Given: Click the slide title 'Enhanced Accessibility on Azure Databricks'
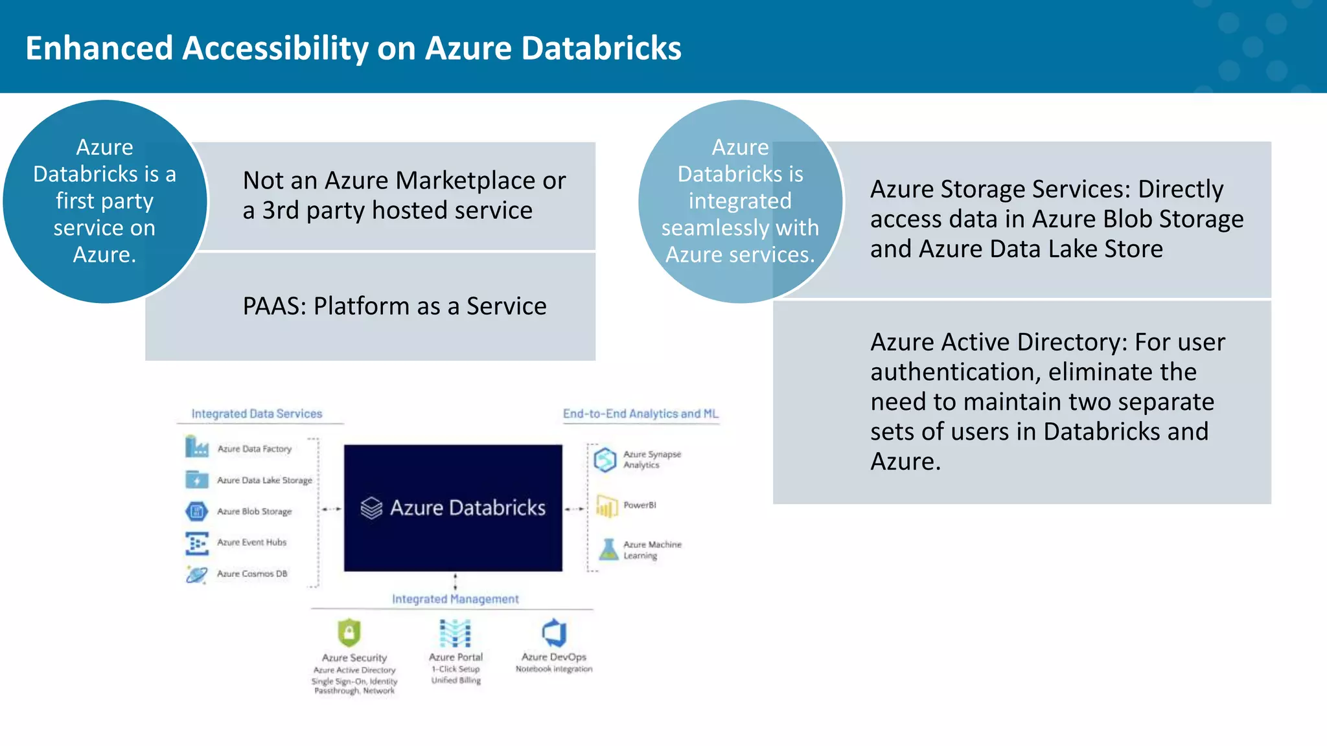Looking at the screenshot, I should click(x=353, y=48).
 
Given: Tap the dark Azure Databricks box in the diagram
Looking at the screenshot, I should click(x=453, y=508).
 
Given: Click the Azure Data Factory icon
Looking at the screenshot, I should click(x=196, y=447).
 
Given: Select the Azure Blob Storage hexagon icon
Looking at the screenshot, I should click(x=196, y=512).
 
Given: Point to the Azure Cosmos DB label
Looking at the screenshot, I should click(x=252, y=574).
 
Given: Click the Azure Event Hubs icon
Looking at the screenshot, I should click(x=196, y=543).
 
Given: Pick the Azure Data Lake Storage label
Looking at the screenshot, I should click(x=264, y=480).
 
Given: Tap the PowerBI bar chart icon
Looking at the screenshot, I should click(x=607, y=506).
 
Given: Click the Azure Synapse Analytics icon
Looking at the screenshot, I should click(x=605, y=460).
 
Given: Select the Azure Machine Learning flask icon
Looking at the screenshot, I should click(x=608, y=550).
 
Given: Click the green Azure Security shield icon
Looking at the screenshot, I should click(x=349, y=632).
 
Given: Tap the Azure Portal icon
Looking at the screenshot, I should click(x=456, y=633).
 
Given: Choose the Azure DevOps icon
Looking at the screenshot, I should click(x=555, y=632).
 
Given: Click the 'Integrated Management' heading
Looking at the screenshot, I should click(x=455, y=599).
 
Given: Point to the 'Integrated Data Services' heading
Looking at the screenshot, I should click(x=257, y=414).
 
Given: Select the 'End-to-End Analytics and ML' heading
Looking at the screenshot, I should click(x=640, y=414).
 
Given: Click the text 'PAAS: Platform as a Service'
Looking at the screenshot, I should click(x=394, y=306).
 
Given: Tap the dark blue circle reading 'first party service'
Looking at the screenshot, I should click(x=104, y=201).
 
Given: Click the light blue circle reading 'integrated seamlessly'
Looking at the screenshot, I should click(x=740, y=201).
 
